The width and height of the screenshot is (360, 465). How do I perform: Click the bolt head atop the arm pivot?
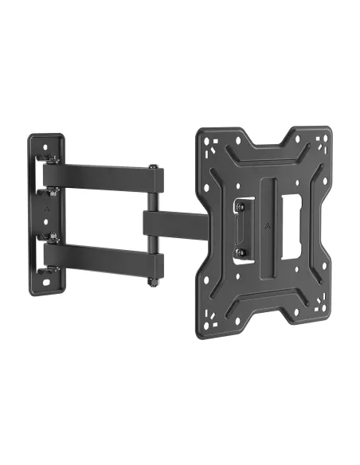(152, 167)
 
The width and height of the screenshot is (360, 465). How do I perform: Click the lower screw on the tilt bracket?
(237, 254)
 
